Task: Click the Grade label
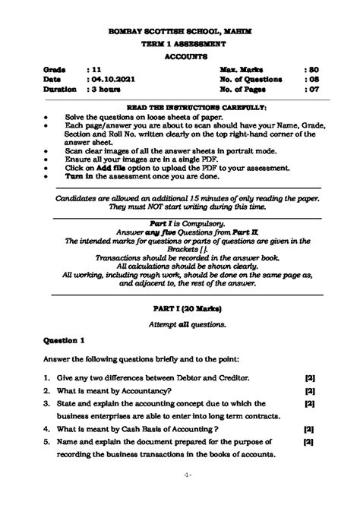coord(54,68)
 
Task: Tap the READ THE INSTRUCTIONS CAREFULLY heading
coord(180,109)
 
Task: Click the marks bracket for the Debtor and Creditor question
coord(309,377)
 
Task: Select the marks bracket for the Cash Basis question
coord(309,429)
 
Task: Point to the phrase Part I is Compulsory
coord(180,224)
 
